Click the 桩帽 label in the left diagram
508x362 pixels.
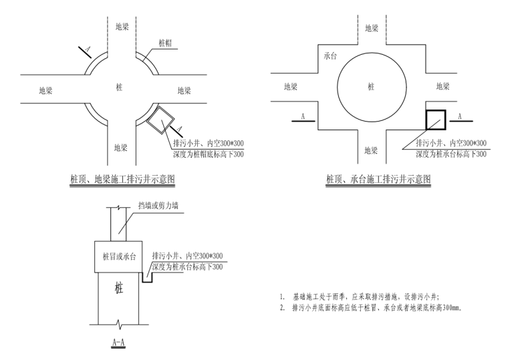166,41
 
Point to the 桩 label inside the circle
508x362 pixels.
371,87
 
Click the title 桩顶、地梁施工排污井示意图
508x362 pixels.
123,179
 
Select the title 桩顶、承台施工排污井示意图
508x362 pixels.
378,179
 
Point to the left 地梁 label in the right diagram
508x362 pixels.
291,87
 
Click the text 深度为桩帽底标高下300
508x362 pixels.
209,155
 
